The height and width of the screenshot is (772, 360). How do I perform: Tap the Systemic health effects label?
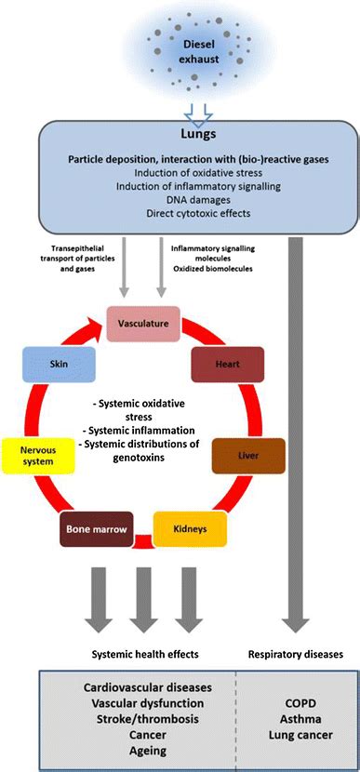point(143,654)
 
